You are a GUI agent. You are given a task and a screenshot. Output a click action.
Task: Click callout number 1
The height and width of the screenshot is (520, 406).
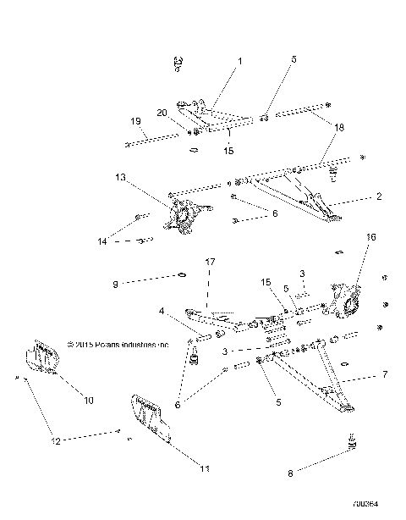pyautogui.click(x=239, y=62)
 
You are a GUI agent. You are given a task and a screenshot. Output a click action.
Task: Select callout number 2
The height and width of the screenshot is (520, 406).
pyautogui.click(x=378, y=197)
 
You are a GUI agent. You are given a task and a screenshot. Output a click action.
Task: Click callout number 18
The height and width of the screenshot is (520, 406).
pyautogui.click(x=339, y=126)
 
